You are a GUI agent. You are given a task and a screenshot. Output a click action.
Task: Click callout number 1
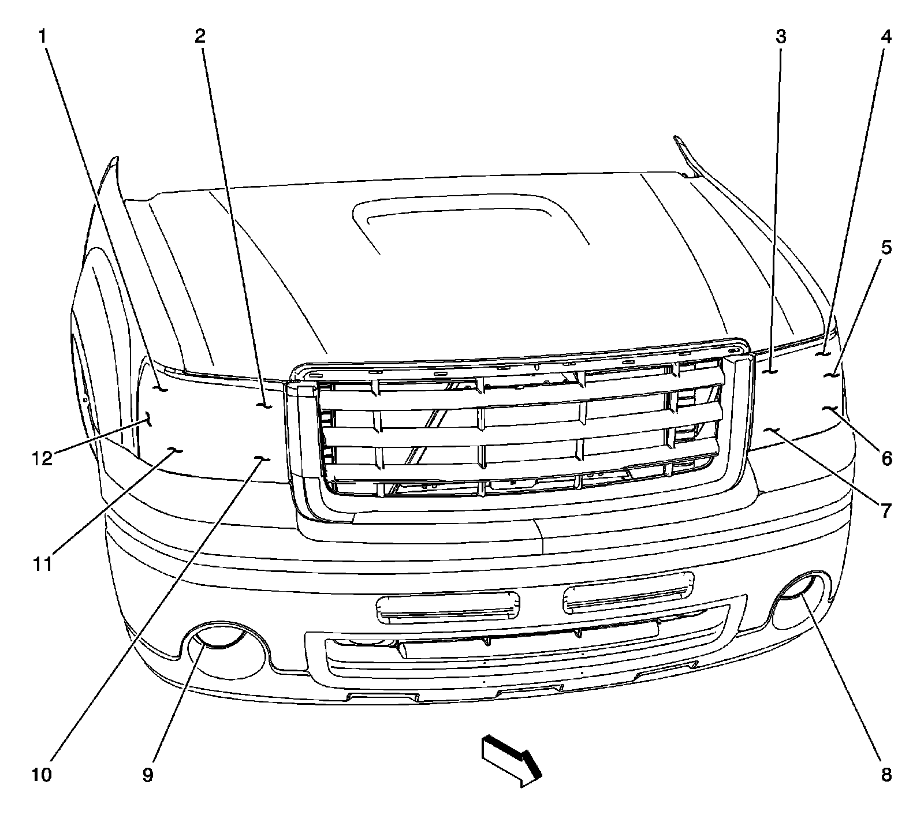[42, 37]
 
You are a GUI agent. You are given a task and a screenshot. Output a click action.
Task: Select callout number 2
[200, 37]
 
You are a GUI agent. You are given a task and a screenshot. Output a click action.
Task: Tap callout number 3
[780, 37]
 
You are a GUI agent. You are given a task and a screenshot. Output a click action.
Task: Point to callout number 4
[886, 37]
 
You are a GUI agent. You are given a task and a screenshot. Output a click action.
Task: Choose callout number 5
[886, 248]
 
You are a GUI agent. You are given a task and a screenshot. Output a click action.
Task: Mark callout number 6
[886, 459]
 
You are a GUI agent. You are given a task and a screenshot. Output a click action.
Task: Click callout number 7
[886, 510]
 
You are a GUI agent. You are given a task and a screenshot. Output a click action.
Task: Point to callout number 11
[42, 563]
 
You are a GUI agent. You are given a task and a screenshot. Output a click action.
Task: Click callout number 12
[42, 459]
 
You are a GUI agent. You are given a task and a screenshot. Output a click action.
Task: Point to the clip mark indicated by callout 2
[265, 406]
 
